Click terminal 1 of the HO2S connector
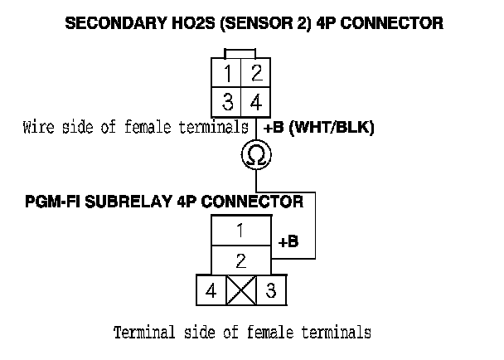[x=227, y=74]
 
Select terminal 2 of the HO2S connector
[x=256, y=74]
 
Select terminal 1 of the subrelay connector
[x=240, y=229]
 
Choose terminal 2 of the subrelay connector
[x=240, y=260]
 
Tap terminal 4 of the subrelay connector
[x=211, y=291]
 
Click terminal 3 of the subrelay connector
[x=269, y=291]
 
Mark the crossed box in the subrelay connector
[x=240, y=291]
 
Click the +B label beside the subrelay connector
[x=288, y=242]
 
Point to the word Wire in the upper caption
[x=38, y=128]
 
